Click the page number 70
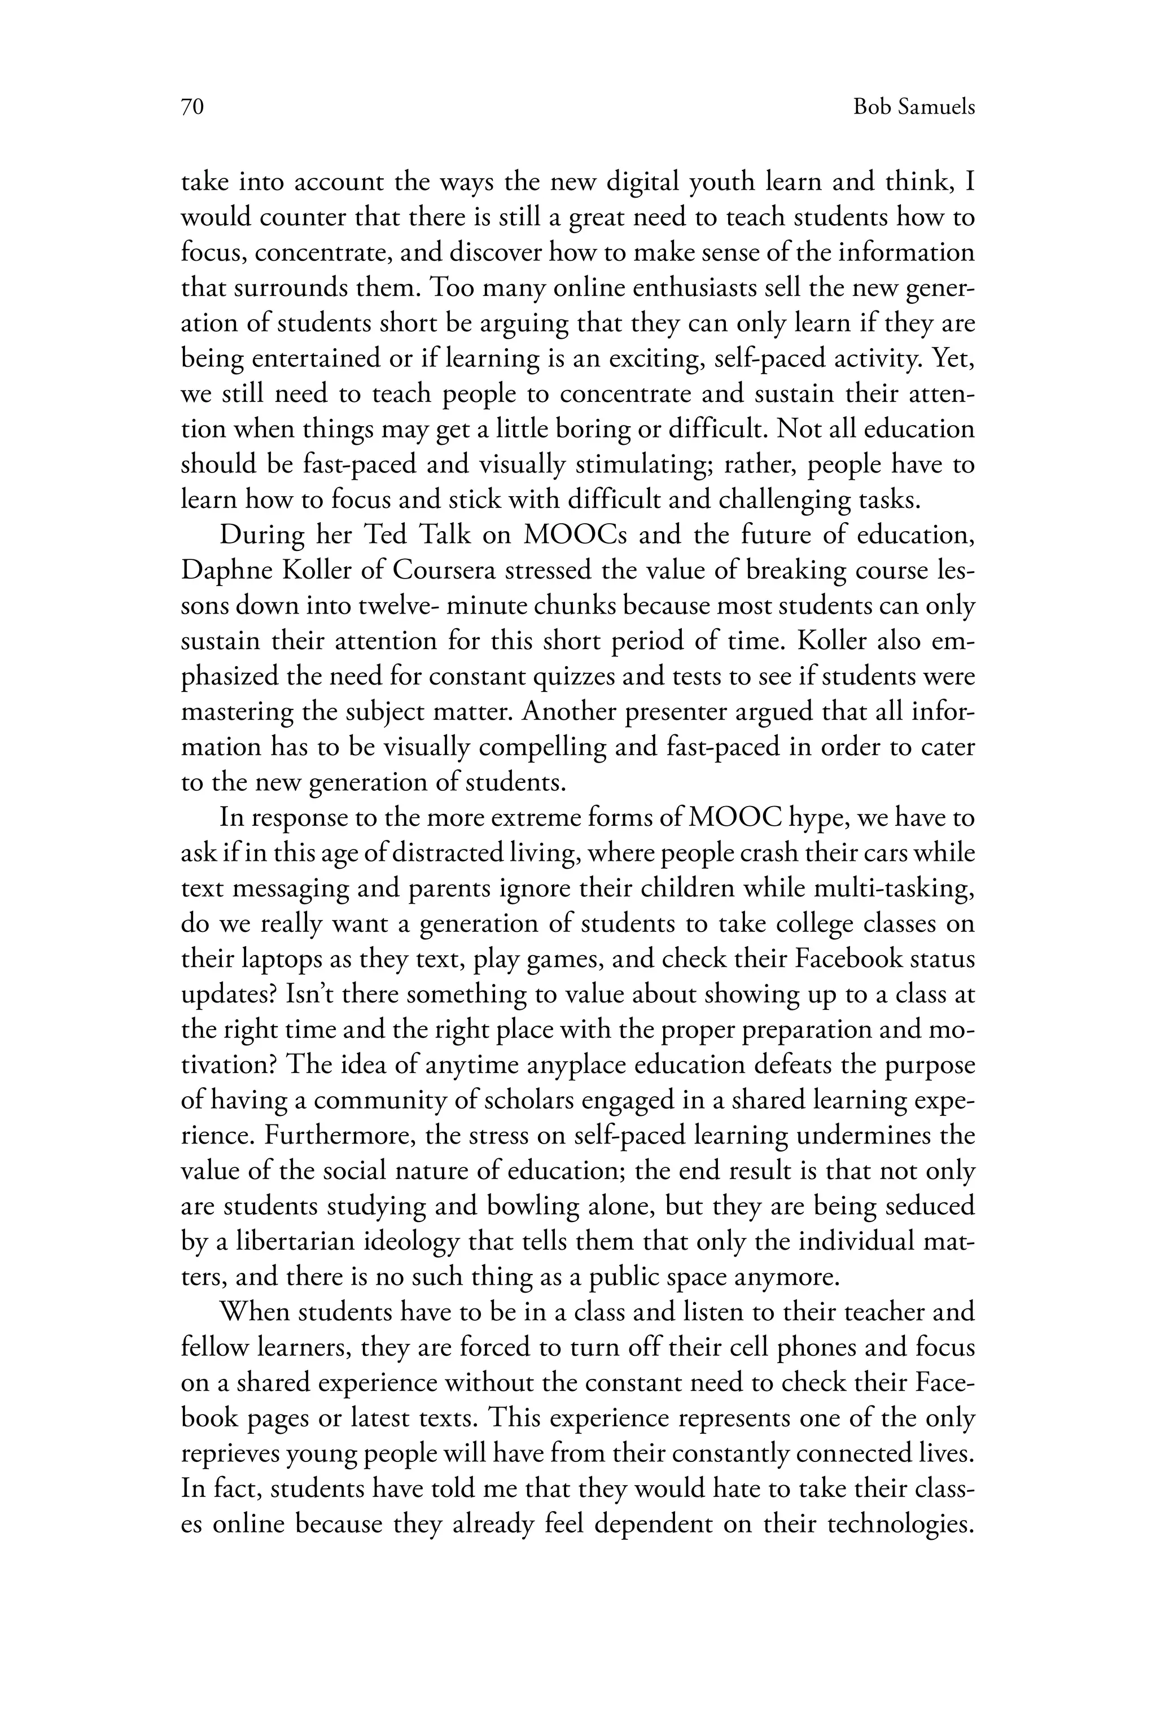coord(192,108)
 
